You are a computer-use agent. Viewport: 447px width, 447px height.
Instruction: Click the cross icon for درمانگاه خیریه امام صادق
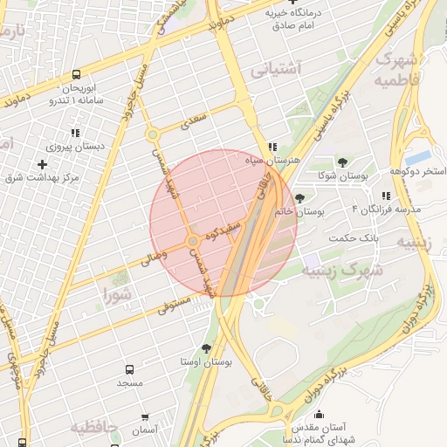pyautogui.click(x=292, y=3)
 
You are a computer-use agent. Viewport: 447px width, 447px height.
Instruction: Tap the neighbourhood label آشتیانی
pyautogui.click(x=275, y=69)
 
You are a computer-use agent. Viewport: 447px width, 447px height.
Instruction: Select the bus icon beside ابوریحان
pyautogui.click(x=77, y=75)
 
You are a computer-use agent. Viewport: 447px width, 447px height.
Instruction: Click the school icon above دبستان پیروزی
pyautogui.click(x=75, y=133)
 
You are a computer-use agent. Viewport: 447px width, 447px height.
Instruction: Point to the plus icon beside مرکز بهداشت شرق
pyautogui.click(x=42, y=164)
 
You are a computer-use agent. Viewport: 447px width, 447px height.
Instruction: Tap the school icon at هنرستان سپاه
pyautogui.click(x=272, y=147)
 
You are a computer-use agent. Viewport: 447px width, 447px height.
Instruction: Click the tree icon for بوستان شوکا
pyautogui.click(x=341, y=162)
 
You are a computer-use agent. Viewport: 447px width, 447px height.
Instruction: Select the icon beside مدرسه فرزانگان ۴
pyautogui.click(x=385, y=196)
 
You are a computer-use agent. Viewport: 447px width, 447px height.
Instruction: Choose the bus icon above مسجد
pyautogui.click(x=130, y=369)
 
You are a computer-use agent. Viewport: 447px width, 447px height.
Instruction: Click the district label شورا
pyautogui.click(x=117, y=292)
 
